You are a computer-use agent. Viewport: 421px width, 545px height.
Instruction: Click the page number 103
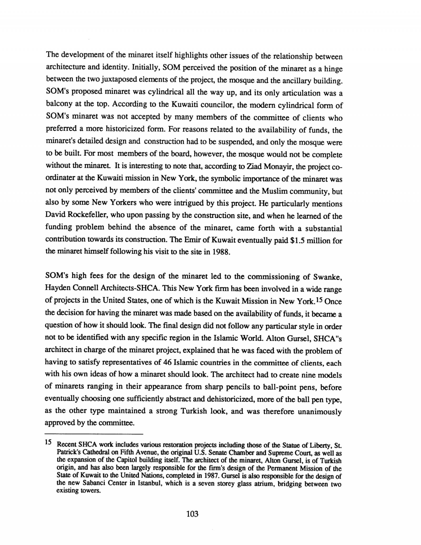pyautogui.click(x=192, y=514)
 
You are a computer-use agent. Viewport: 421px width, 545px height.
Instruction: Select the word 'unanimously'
pyautogui.click(x=320, y=412)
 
